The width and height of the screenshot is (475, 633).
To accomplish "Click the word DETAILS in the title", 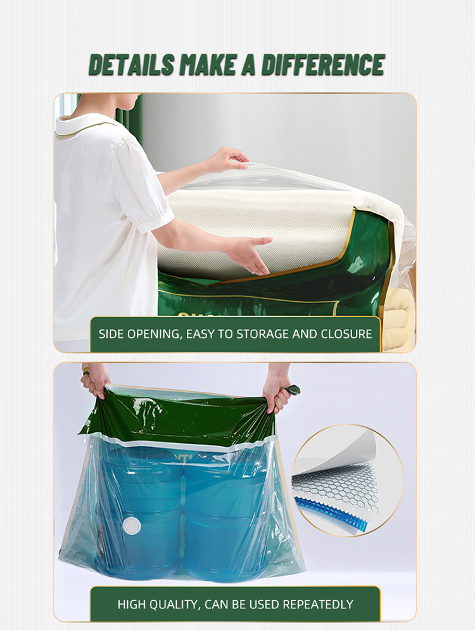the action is [x=132, y=65].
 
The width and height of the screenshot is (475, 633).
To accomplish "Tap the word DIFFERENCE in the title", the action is [x=323, y=65].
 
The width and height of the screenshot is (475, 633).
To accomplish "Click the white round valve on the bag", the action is [x=132, y=525].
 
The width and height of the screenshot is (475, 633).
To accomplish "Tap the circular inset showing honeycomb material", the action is [x=348, y=480].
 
